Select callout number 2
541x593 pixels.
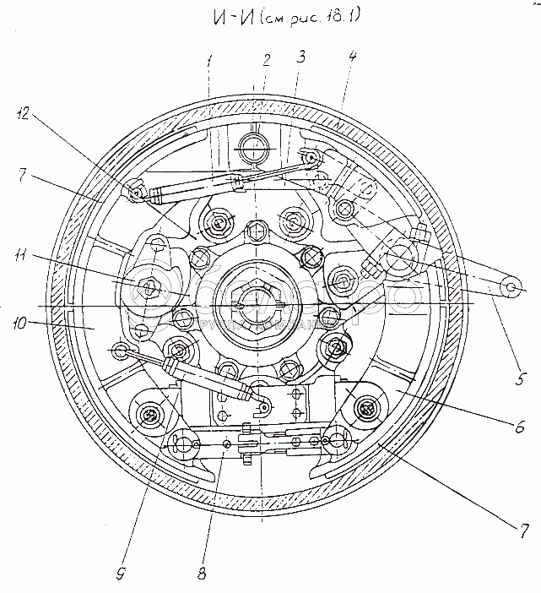coord(266,60)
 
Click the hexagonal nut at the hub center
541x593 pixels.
coord(257,303)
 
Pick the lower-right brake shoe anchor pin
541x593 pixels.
coord(365,409)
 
